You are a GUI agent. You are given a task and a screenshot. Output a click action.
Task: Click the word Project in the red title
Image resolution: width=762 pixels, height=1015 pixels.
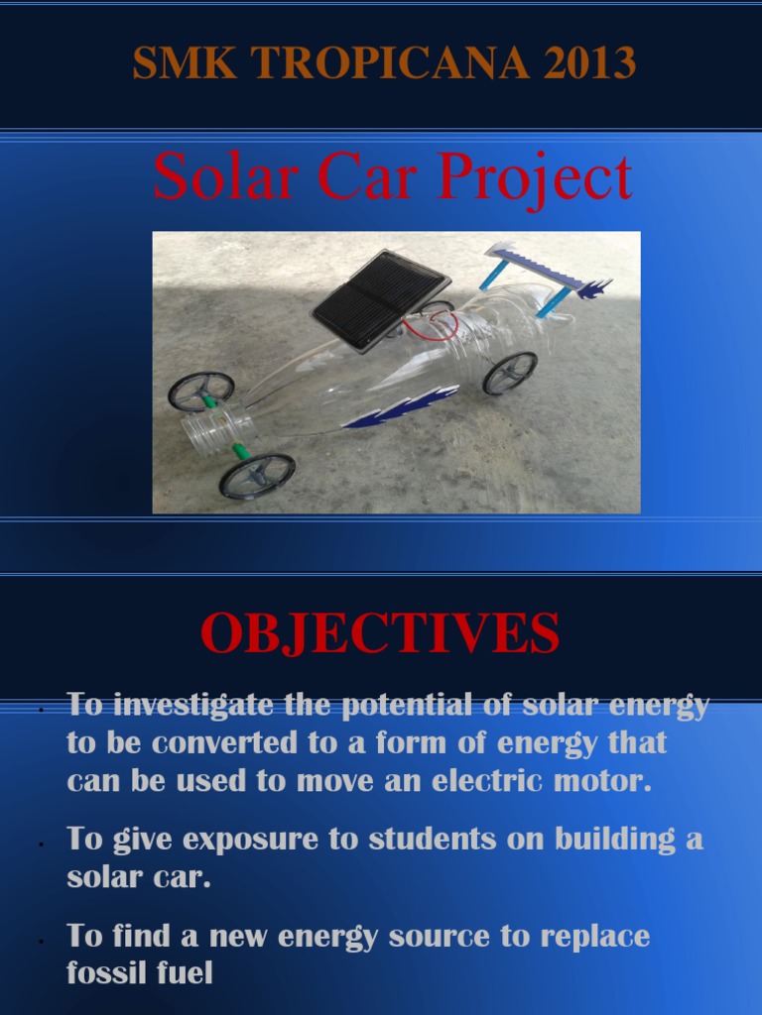pos(533,178)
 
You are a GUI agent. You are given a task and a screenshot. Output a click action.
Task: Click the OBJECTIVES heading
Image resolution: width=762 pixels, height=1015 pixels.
pos(380,634)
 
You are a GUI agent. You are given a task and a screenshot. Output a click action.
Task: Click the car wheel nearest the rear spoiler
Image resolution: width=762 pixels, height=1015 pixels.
pos(509,373)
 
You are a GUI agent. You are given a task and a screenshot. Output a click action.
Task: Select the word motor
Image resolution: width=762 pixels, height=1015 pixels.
pos(606,780)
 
